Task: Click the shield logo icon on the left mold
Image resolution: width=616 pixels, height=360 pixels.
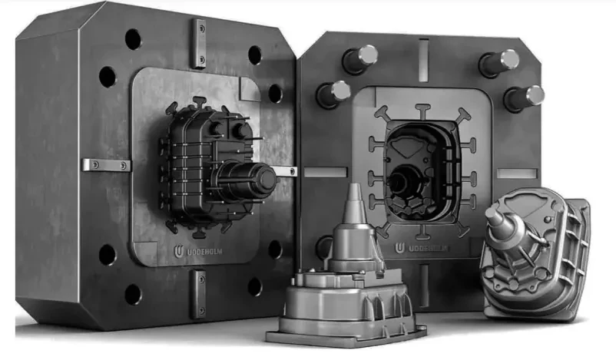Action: (x=178, y=252)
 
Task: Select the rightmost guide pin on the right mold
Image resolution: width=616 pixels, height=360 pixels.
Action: (x=525, y=97)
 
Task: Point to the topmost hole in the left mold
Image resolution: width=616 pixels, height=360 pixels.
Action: (x=133, y=39)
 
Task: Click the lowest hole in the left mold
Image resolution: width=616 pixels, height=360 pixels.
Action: (x=133, y=294)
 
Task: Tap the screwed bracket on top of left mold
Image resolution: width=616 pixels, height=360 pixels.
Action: (x=199, y=44)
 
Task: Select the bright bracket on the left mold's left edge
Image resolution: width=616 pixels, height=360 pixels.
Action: (x=107, y=165)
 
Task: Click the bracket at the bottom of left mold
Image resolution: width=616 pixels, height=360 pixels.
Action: (x=198, y=293)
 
